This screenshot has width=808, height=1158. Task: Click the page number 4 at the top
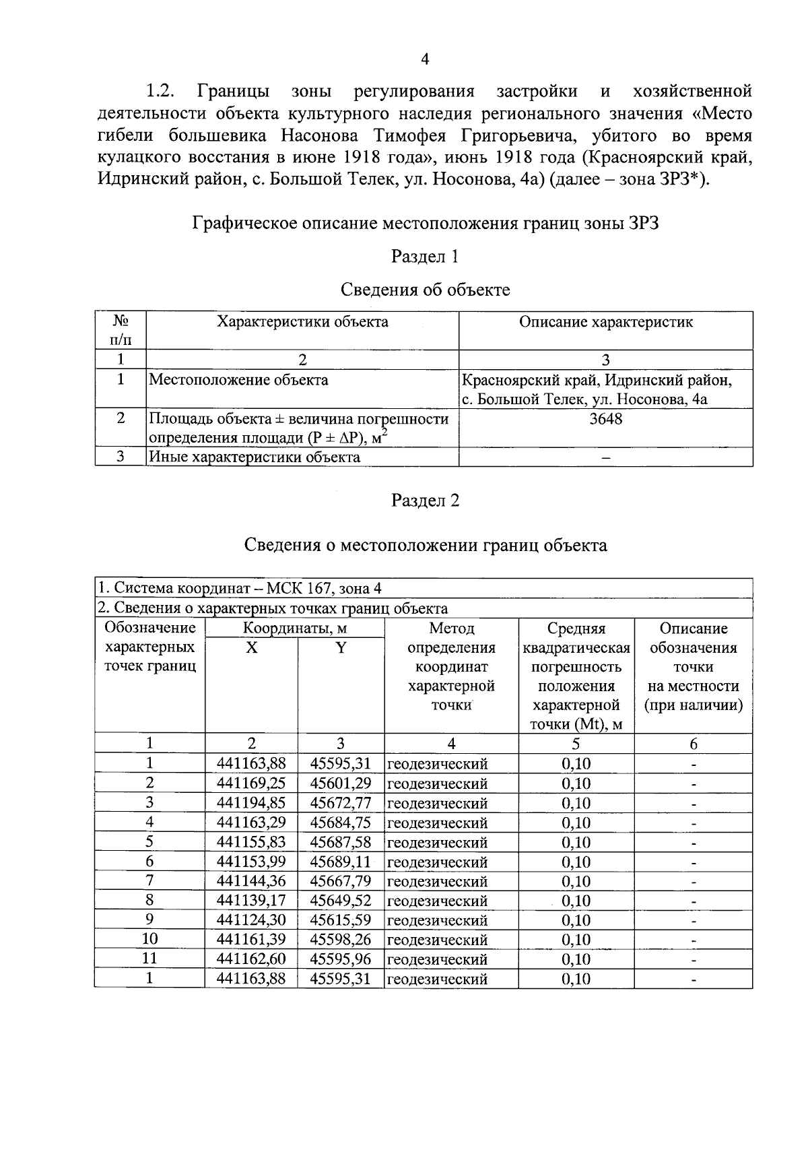pos(425,59)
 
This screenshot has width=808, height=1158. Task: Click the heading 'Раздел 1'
pos(425,257)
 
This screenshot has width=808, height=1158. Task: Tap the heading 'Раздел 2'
pos(425,501)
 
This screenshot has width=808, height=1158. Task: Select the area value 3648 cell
pos(605,419)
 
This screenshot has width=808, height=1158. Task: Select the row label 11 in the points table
pos(149,959)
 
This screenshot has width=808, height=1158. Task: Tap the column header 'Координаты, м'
pos(294,629)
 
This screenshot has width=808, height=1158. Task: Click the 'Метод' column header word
pos(451,629)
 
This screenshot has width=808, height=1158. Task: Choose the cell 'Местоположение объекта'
pos(238,380)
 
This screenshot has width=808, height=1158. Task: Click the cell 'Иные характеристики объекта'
pos(254,457)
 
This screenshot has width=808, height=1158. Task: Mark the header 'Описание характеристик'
pos(605,322)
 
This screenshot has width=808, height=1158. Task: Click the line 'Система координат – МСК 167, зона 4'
pos(239,588)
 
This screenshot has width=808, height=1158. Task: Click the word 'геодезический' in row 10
pos(437,940)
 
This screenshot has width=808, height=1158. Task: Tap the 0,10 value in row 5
pos(576,842)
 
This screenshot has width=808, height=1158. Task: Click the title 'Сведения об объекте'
pos(425,290)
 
